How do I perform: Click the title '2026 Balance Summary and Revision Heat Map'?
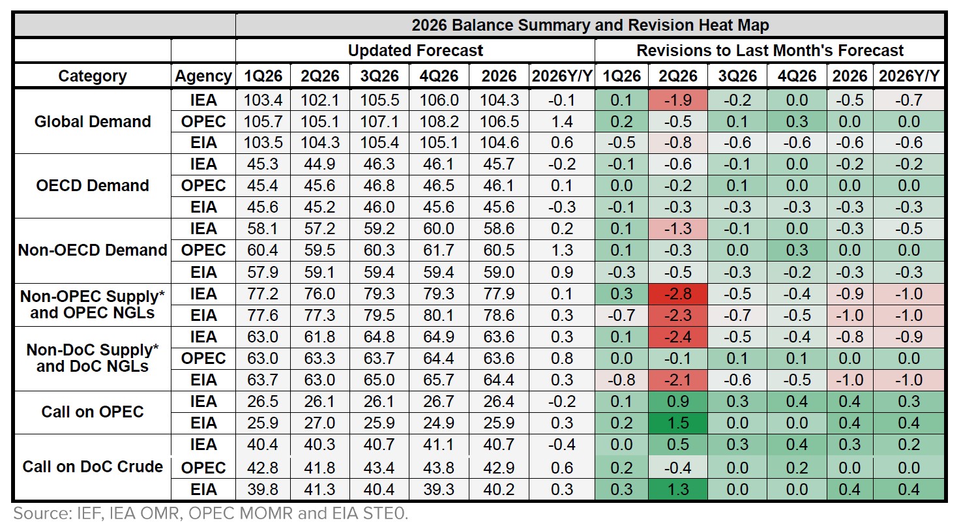tap(590, 25)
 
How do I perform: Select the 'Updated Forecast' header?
tap(415, 50)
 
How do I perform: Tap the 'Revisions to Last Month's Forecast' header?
tap(770, 50)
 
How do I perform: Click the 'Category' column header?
tap(93, 76)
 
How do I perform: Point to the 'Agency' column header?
tap(203, 76)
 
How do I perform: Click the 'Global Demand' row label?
tap(93, 121)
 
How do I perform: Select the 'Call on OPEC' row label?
tap(93, 412)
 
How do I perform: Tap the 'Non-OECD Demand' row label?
tap(93, 250)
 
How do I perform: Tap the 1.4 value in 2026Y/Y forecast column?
tap(561, 121)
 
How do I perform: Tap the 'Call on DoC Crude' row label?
tap(93, 467)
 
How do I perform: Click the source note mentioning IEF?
tap(211, 513)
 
